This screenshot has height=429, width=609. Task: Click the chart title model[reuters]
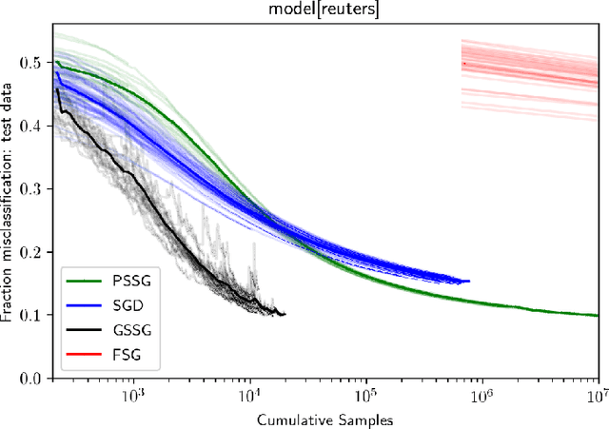324,9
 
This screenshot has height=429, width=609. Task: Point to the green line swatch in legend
80,282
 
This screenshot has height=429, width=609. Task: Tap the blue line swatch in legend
80,306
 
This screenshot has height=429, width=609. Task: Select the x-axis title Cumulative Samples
324,418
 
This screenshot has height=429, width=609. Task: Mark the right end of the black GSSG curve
285,314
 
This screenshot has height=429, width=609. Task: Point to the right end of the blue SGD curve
469,282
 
